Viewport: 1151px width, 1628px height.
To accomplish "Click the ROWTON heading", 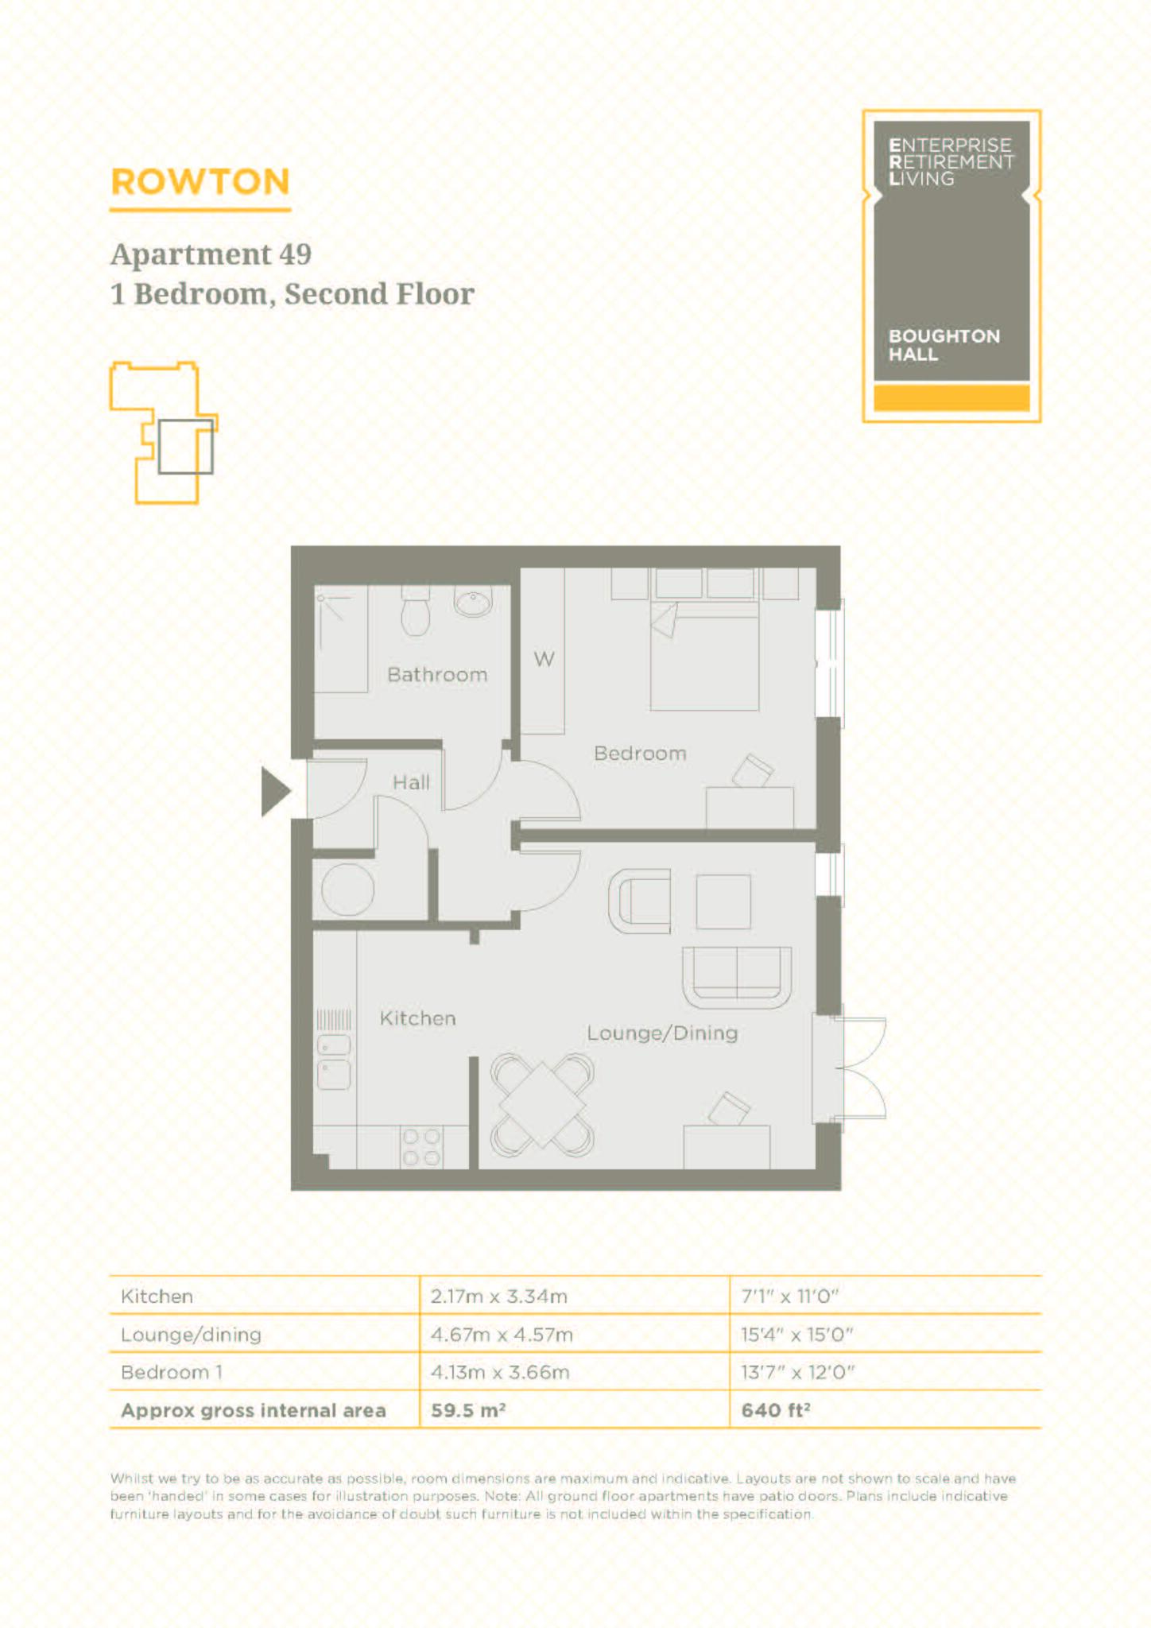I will (200, 182).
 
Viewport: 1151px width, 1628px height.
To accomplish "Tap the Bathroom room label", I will (437, 675).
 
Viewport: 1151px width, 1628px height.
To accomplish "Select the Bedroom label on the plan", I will (640, 753).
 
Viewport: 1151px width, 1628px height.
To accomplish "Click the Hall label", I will (411, 783).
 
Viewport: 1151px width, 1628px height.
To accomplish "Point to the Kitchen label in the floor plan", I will (417, 1018).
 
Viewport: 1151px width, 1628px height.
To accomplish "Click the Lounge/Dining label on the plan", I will (662, 1033).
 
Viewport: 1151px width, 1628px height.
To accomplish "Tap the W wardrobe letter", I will (544, 659).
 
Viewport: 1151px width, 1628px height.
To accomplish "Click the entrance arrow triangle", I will (274, 792).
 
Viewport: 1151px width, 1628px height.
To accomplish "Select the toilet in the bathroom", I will (416, 612).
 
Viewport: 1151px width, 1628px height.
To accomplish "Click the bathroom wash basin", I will (474, 602).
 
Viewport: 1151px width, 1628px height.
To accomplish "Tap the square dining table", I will (542, 1104).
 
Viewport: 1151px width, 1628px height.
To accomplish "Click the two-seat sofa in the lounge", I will (737, 976).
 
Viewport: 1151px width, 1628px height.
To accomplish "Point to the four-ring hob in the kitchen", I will (421, 1147).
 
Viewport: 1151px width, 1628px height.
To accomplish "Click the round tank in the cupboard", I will (347, 890).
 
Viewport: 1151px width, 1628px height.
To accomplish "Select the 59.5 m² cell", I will (469, 1410).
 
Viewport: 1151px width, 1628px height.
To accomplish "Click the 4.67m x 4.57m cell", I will (502, 1335).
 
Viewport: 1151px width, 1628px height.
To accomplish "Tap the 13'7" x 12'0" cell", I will (796, 1373).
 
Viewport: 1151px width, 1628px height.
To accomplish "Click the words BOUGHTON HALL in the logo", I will (944, 345).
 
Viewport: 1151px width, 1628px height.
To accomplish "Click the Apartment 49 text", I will (211, 254).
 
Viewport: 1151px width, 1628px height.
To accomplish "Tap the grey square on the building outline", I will (185, 447).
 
